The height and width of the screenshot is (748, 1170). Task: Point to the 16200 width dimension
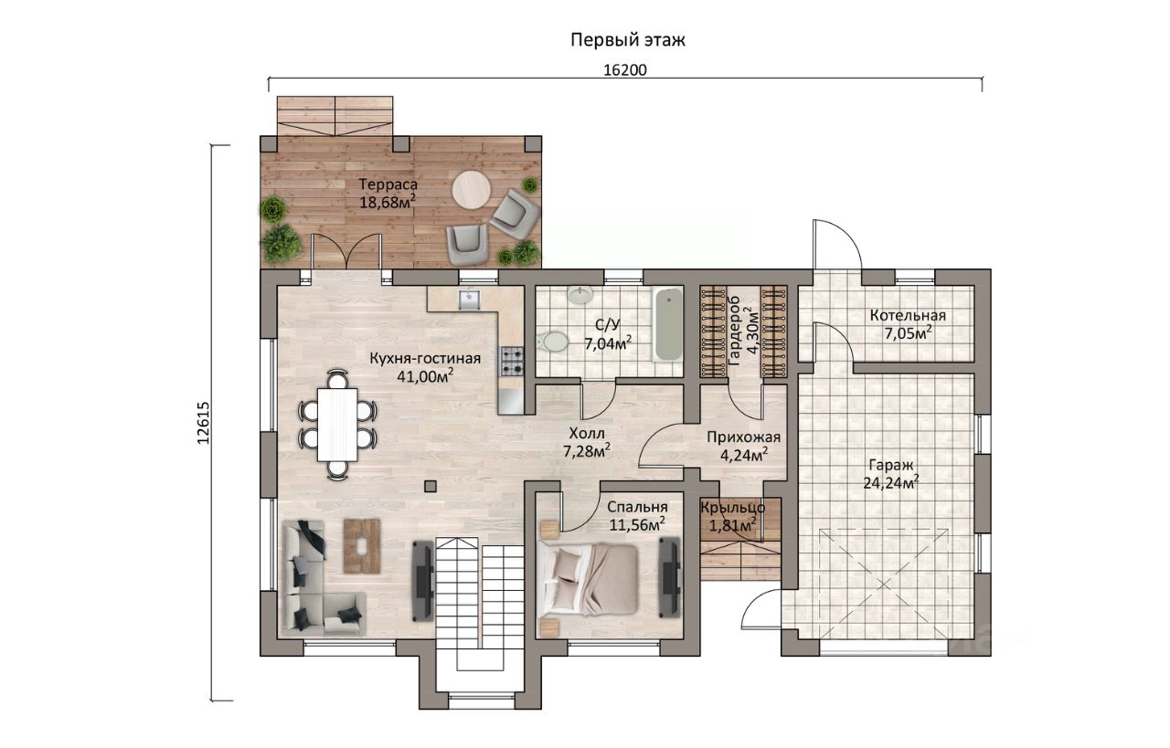point(625,70)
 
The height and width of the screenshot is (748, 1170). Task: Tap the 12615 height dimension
point(203,423)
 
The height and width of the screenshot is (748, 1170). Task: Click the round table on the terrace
point(472,190)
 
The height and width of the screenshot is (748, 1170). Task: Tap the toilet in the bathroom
point(552,342)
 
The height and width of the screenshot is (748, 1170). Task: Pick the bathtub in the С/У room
point(668,323)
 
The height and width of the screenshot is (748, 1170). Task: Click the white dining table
point(337,425)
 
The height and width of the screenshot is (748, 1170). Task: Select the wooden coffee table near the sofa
point(361,545)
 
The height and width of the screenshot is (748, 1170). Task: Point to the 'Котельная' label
point(908,316)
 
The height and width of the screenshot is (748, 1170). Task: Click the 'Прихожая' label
point(743,437)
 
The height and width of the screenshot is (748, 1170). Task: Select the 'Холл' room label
point(587,433)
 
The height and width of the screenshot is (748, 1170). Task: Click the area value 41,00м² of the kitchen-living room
point(425,376)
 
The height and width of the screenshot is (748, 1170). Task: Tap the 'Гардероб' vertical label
point(733,331)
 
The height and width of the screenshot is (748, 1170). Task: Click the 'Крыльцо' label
point(733,508)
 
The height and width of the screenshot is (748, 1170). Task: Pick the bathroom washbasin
point(580,295)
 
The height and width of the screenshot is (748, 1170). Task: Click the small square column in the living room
point(431,487)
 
